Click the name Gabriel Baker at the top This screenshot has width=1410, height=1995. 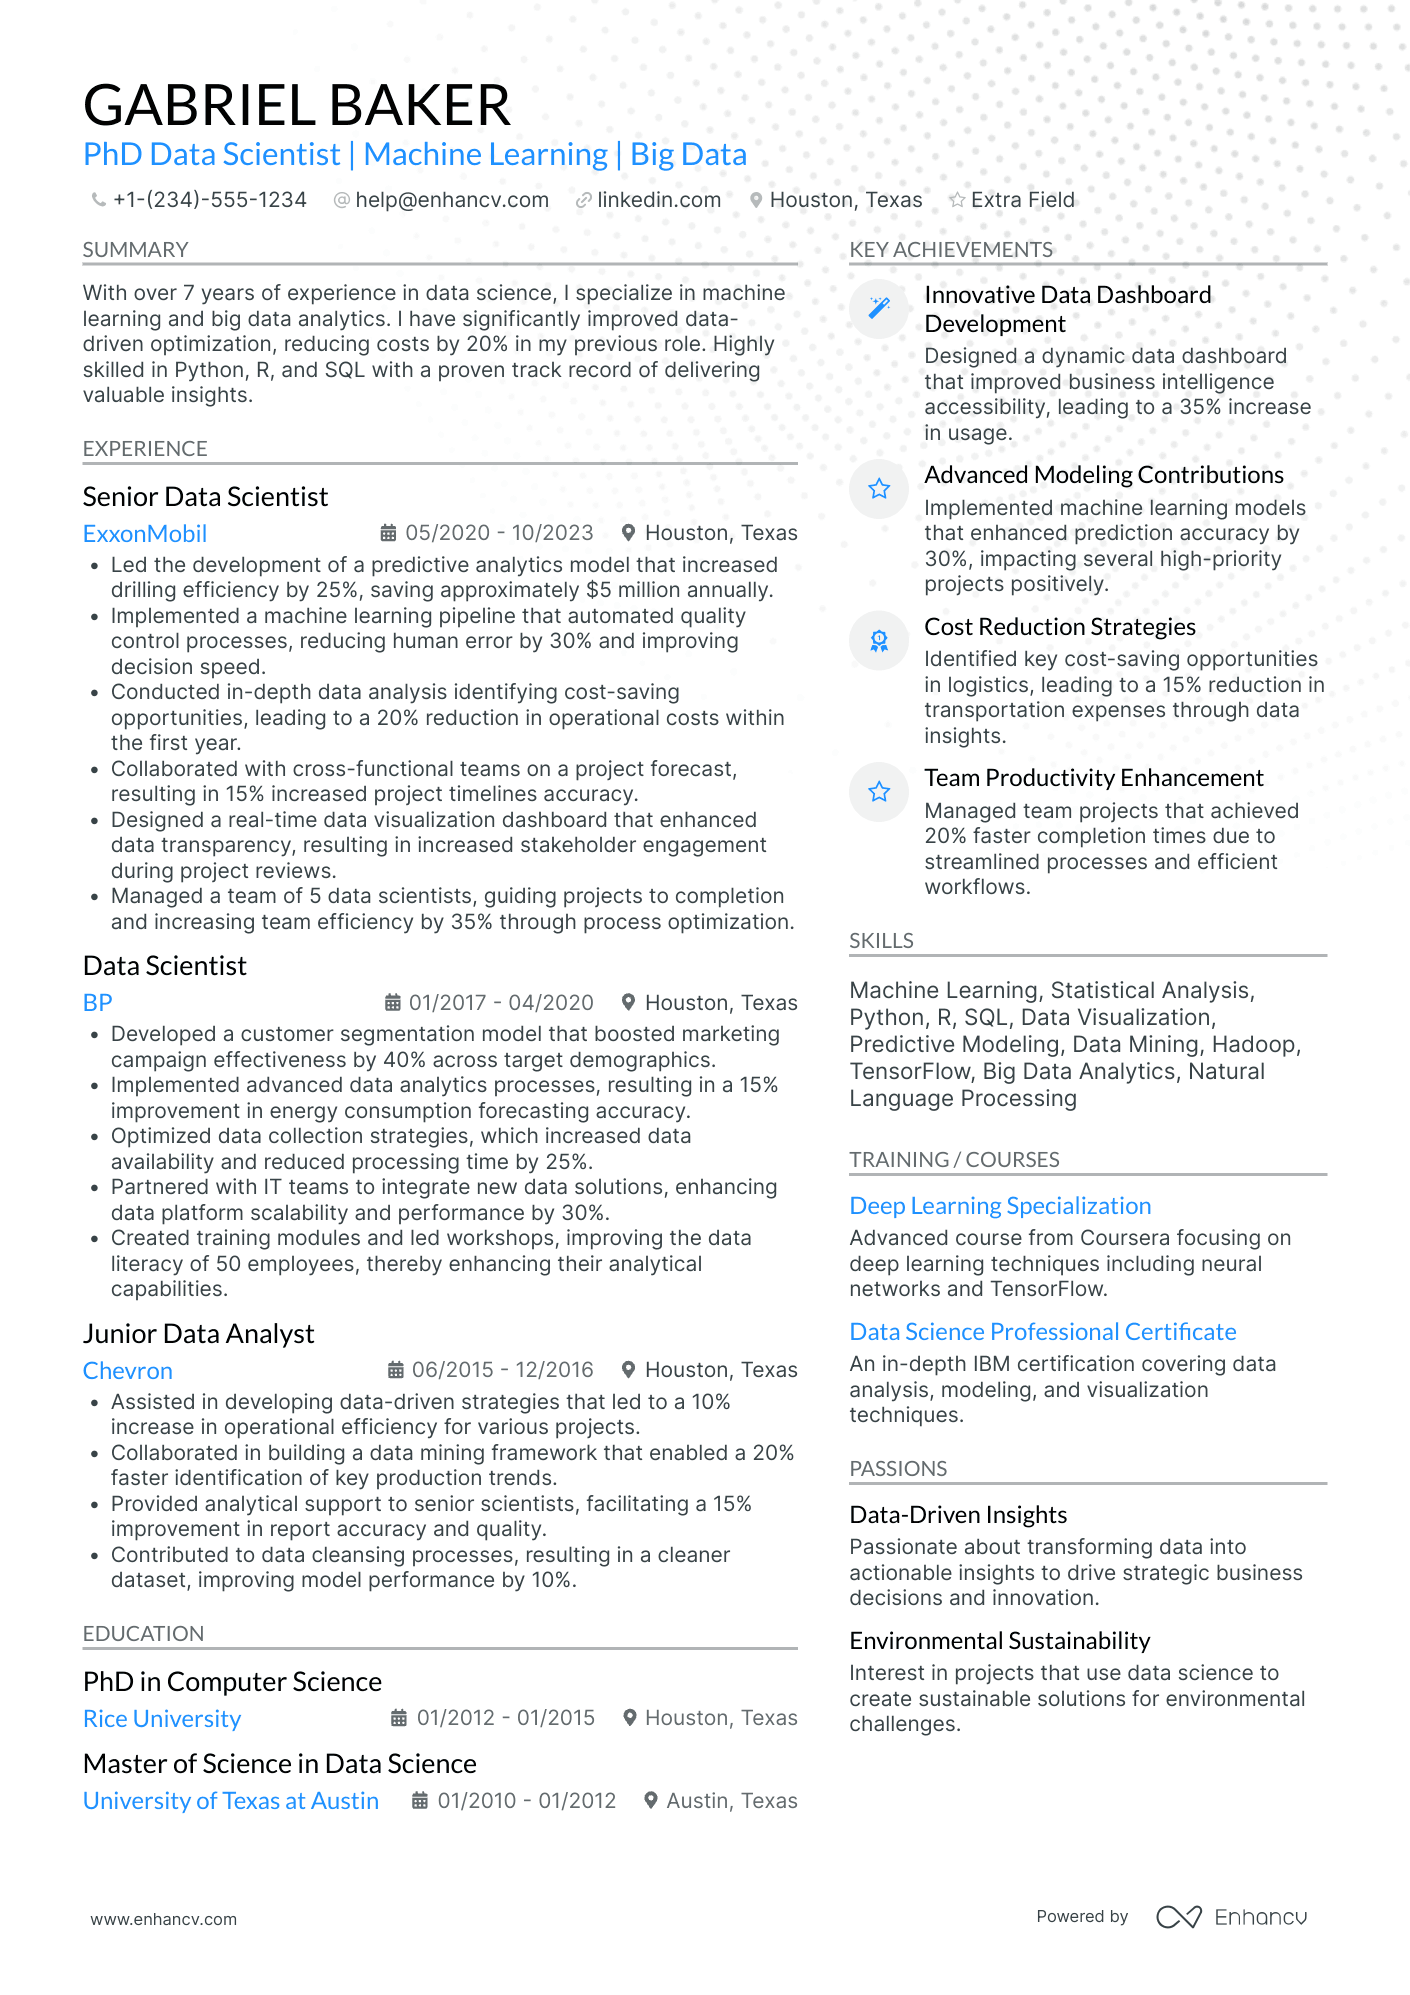click(297, 105)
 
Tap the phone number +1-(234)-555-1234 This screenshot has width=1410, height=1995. click(209, 200)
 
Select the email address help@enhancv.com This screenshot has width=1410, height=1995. click(452, 200)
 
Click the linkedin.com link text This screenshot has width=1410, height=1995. click(659, 200)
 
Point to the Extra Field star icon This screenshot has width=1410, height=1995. click(957, 200)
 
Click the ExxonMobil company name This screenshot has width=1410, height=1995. click(145, 534)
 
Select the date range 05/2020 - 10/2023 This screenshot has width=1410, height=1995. click(499, 533)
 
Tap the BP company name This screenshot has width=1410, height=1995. click(98, 1003)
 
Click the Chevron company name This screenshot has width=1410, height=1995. click(128, 1371)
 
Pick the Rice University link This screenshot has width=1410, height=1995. click(162, 1719)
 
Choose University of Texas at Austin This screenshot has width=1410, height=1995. click(231, 1801)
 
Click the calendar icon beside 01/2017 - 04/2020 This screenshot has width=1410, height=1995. click(393, 1002)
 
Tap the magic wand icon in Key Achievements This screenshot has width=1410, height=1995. click(879, 308)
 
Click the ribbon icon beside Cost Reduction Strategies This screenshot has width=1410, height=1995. click(879, 640)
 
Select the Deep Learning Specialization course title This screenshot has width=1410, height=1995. click(1000, 1206)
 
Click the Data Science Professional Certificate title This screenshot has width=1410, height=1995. click(1043, 1332)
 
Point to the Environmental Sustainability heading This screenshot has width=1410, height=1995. click(1000, 1641)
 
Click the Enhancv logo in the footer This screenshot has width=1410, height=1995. click(1232, 1917)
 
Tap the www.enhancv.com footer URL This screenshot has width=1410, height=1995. click(164, 1919)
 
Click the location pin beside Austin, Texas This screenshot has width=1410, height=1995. click(651, 1800)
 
